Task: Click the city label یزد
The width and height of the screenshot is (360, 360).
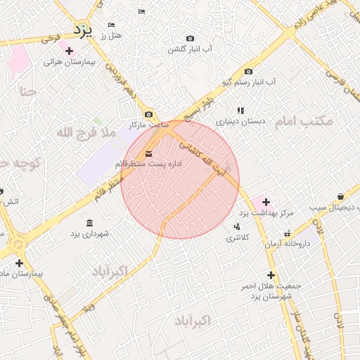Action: pos(83,30)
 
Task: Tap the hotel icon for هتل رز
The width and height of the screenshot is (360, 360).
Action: pos(111,25)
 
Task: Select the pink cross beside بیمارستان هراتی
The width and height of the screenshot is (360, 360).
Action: pos(69,51)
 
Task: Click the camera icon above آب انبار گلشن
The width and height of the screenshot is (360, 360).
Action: pos(190,39)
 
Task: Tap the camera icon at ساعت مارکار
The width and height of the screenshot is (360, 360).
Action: pos(148,115)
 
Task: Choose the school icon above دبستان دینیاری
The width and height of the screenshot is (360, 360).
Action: pos(240,110)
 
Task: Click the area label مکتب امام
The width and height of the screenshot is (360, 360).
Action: pos(302,122)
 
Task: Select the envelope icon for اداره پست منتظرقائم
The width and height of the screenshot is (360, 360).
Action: pos(148,154)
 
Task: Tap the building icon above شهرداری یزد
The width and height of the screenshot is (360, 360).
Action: pos(89,223)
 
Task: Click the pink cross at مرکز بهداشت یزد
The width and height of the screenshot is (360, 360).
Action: pos(265,202)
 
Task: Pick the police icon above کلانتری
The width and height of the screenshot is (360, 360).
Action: pos(236,226)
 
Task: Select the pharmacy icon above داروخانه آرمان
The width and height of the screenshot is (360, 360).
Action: pos(287,233)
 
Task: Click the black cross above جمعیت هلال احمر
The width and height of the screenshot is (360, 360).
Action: pos(271,275)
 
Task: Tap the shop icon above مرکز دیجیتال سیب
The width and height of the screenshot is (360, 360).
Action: pos(341,197)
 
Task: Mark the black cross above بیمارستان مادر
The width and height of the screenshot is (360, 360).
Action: pos(18,263)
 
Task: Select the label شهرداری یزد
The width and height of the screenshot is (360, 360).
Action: pos(89,233)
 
